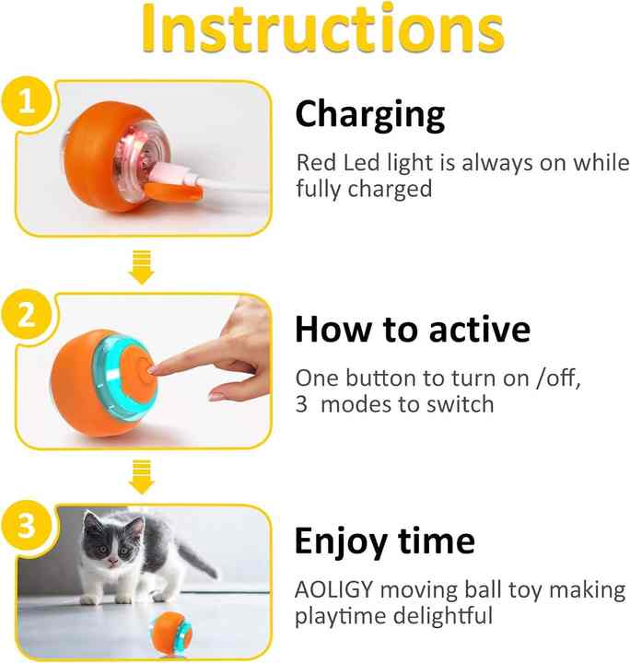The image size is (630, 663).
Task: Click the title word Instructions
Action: [315, 29]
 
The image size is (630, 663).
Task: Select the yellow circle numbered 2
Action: [29, 317]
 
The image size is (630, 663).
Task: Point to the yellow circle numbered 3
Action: [29, 528]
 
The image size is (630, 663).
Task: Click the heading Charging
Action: [370, 115]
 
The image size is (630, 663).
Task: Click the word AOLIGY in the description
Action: [335, 589]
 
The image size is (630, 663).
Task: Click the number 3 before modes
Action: [301, 404]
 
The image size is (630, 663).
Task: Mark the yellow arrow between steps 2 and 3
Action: [140, 478]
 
